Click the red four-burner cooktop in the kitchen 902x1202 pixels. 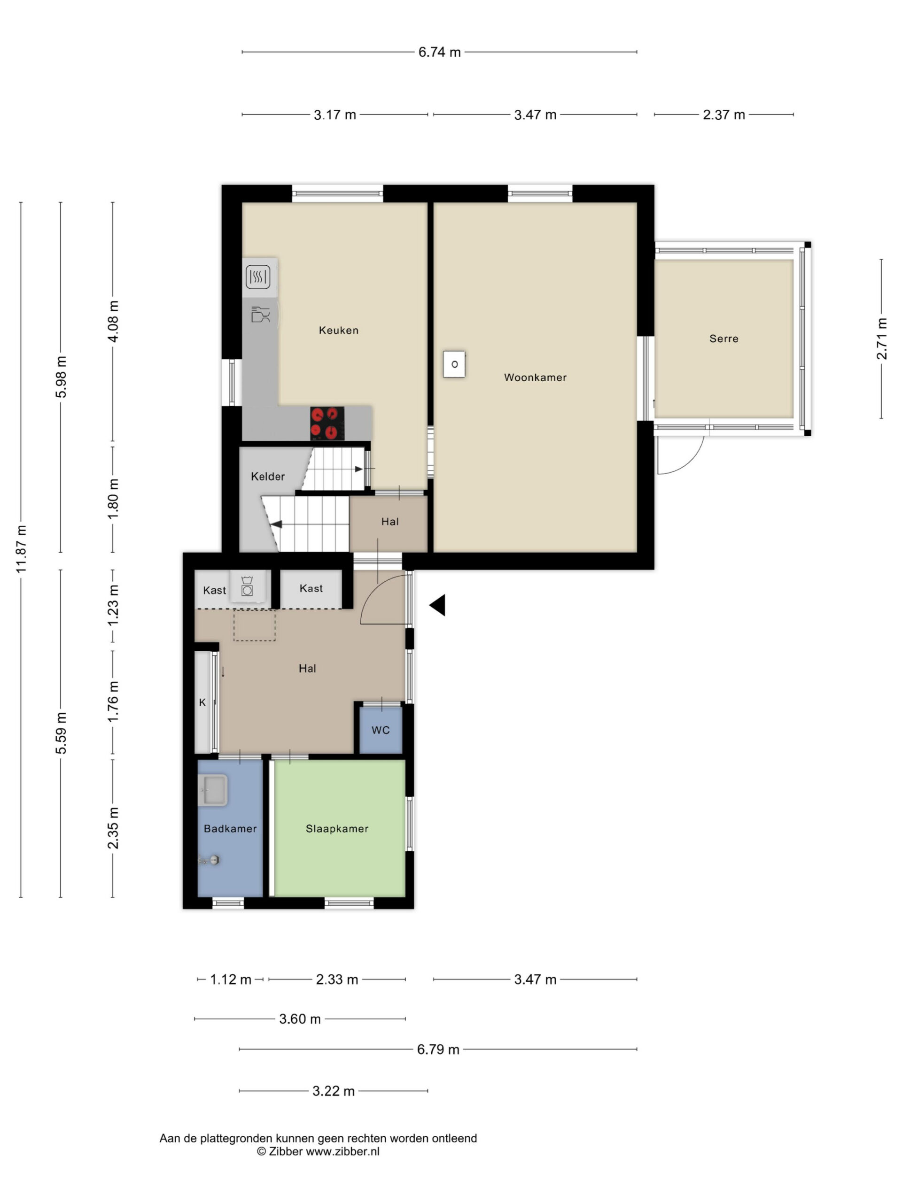[x=327, y=424]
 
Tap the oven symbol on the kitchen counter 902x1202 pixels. [x=258, y=277]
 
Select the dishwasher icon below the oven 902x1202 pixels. [x=260, y=315]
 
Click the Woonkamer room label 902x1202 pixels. [x=535, y=377]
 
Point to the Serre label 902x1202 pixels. [x=723, y=339]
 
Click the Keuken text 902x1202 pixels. [x=338, y=330]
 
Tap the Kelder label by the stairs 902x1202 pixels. [x=267, y=477]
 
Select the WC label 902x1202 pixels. [x=381, y=730]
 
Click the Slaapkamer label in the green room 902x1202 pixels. [x=336, y=828]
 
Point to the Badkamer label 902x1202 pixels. [x=230, y=828]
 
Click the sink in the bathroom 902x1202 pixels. [x=213, y=790]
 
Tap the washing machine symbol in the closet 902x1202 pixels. [x=248, y=586]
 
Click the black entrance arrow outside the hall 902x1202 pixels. [x=438, y=605]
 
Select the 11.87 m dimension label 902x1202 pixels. [x=21, y=549]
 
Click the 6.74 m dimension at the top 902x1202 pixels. [x=439, y=52]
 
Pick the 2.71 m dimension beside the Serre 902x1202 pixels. [x=881, y=339]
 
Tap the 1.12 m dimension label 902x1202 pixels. [x=231, y=979]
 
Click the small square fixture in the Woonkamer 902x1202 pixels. [x=454, y=364]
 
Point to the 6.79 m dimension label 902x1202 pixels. [x=438, y=1049]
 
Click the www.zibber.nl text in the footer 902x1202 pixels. [x=342, y=1151]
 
